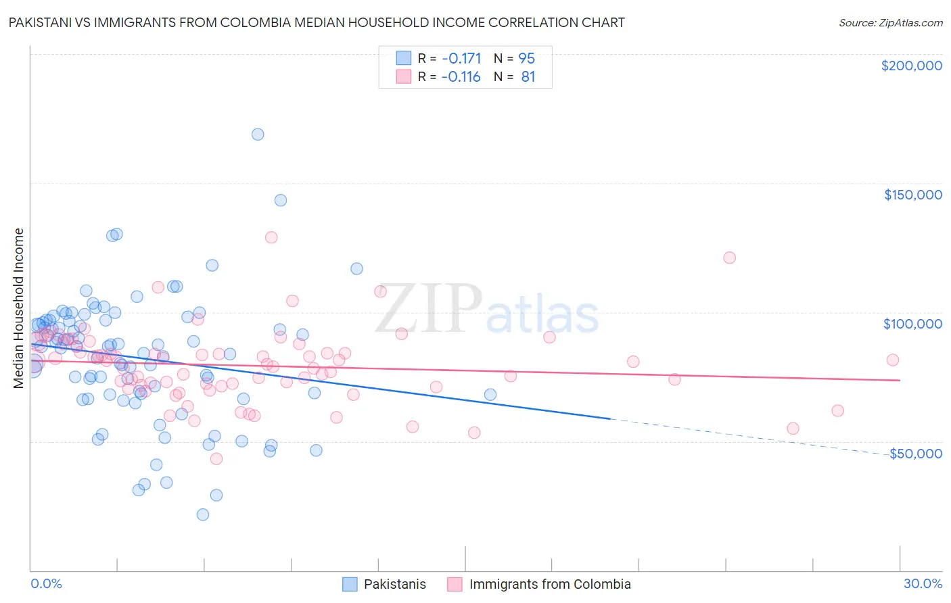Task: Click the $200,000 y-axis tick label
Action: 911,66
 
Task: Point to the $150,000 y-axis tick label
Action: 912,195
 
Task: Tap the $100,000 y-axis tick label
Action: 912,324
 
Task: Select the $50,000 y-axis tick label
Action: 915,453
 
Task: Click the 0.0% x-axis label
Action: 46,583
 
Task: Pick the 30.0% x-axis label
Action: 923,583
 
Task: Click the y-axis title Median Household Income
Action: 19,308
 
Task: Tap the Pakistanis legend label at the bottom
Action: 395,584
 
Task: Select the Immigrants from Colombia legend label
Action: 550,584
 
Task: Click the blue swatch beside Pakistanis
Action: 350,584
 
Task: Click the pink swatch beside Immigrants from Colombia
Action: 455,584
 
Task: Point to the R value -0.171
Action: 461,58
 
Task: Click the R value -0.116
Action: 461,77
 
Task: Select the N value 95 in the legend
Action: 526,58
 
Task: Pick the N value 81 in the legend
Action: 528,77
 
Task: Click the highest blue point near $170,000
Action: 258,134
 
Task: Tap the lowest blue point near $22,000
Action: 202,514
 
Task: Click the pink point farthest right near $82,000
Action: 892,360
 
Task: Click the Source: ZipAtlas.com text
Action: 890,23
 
